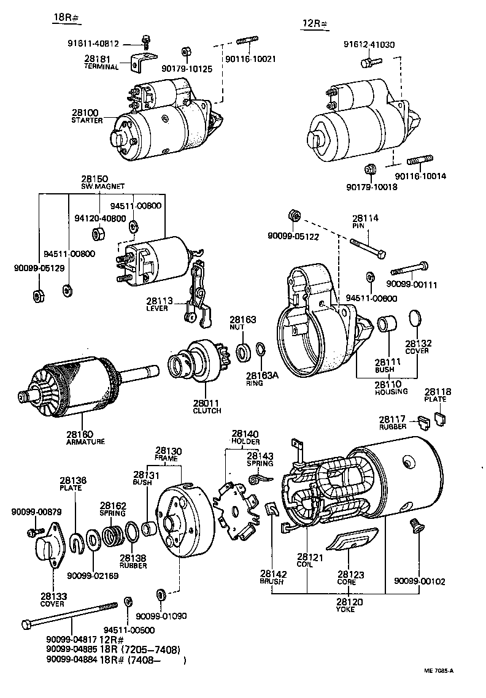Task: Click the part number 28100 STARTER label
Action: click(x=85, y=117)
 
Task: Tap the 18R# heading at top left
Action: click(x=63, y=17)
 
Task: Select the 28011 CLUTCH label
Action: click(x=207, y=406)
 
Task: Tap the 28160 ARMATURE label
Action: click(x=85, y=437)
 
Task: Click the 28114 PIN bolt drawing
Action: click(x=368, y=249)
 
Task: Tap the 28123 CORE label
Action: click(x=350, y=578)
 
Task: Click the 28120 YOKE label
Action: click(x=350, y=605)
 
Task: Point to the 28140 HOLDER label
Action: click(x=245, y=437)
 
